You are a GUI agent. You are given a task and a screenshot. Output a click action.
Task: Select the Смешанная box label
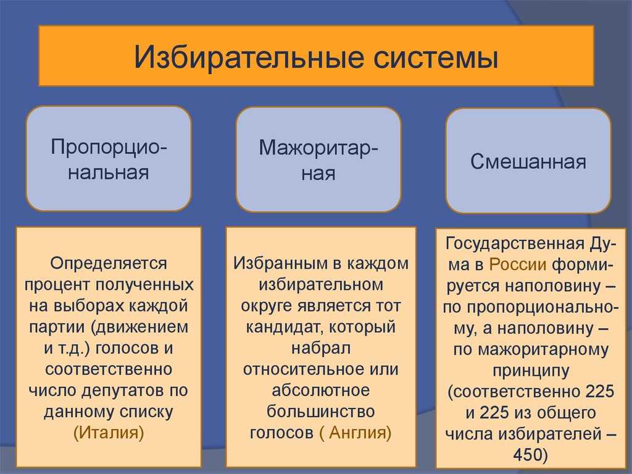pyautogui.click(x=528, y=161)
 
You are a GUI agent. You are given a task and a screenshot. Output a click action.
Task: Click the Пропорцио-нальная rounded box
pyautogui.click(x=109, y=159)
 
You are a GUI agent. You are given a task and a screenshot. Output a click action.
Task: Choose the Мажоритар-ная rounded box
pyautogui.click(x=318, y=159)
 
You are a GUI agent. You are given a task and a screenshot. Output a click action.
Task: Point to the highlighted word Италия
pyautogui.click(x=109, y=433)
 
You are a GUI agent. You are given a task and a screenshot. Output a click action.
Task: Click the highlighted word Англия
pyautogui.click(x=355, y=433)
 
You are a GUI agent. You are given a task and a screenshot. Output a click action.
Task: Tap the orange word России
pyautogui.click(x=518, y=265)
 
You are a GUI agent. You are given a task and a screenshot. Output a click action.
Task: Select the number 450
pyautogui.click(x=527, y=455)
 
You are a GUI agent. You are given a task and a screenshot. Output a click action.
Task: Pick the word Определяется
pyautogui.click(x=109, y=264)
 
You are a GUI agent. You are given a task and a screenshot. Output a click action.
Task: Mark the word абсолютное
pyautogui.click(x=320, y=391)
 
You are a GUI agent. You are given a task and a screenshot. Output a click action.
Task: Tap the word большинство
pyautogui.click(x=320, y=412)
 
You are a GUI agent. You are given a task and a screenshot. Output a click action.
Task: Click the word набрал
pyautogui.click(x=321, y=348)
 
